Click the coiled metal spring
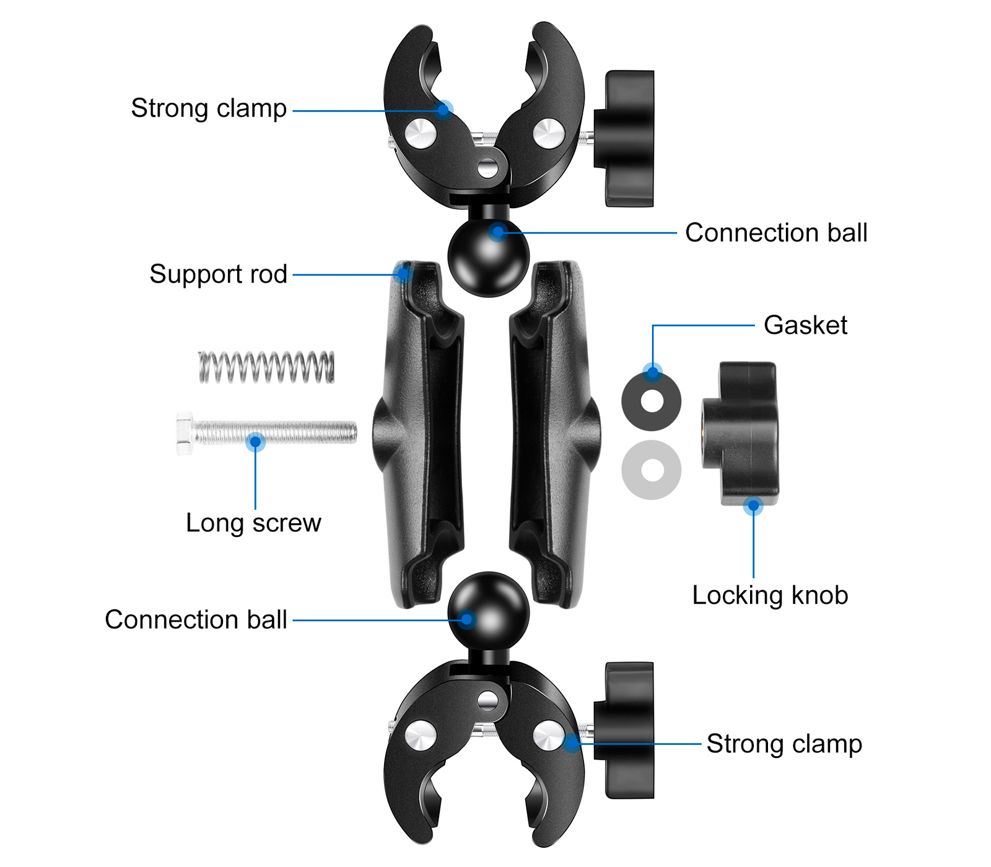(x=266, y=367)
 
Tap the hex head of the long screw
(x=185, y=434)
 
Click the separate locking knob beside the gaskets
(x=740, y=434)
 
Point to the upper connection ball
(x=489, y=257)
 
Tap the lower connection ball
(x=489, y=610)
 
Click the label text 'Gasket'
(x=805, y=325)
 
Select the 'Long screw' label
(x=253, y=523)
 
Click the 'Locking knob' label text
(x=770, y=595)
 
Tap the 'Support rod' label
(x=218, y=274)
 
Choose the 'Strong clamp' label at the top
(x=209, y=108)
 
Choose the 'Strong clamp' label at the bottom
(x=784, y=744)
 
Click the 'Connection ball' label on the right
(x=776, y=233)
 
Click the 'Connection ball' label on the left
(x=196, y=620)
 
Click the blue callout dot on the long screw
(x=255, y=442)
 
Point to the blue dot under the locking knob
(x=753, y=506)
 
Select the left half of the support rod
(x=421, y=434)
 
